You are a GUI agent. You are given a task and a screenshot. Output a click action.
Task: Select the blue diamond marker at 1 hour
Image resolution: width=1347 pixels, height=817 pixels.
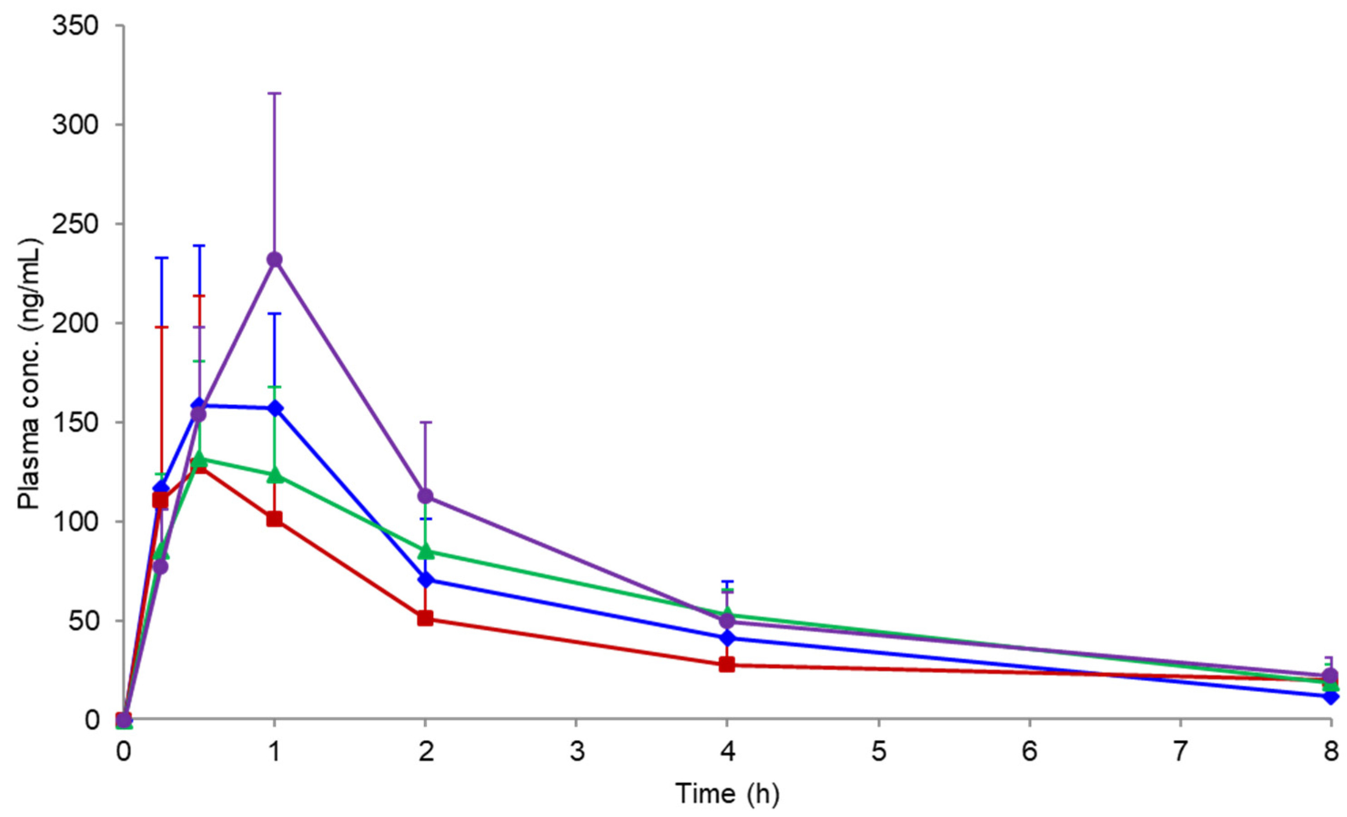click(274, 408)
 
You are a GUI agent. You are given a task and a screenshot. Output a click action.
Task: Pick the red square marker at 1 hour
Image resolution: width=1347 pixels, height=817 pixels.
click(274, 519)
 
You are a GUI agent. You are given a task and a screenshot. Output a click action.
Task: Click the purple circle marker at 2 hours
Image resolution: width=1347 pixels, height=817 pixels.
click(426, 496)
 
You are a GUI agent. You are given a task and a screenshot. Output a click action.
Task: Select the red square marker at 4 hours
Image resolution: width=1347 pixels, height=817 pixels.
click(727, 665)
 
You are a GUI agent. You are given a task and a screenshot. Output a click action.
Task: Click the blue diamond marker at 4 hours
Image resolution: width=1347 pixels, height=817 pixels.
click(727, 637)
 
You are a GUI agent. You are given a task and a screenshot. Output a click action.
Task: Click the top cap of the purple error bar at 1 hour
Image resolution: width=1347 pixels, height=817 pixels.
click(274, 94)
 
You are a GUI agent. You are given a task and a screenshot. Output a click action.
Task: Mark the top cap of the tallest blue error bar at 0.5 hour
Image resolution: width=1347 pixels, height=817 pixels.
click(200, 246)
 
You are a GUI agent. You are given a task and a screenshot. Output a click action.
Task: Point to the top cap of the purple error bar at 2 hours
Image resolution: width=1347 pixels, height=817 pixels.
click(426, 422)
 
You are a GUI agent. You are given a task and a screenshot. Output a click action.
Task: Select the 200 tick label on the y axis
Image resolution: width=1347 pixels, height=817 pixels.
click(82, 323)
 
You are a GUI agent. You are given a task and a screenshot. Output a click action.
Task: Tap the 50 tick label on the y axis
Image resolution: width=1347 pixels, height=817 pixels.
click(90, 621)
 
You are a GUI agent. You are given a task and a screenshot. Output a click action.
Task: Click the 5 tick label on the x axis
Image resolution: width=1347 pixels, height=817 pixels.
click(878, 752)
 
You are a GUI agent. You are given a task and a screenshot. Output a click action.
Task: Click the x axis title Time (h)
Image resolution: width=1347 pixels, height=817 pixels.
click(727, 793)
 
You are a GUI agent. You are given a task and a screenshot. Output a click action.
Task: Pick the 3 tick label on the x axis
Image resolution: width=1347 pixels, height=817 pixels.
click(577, 752)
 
